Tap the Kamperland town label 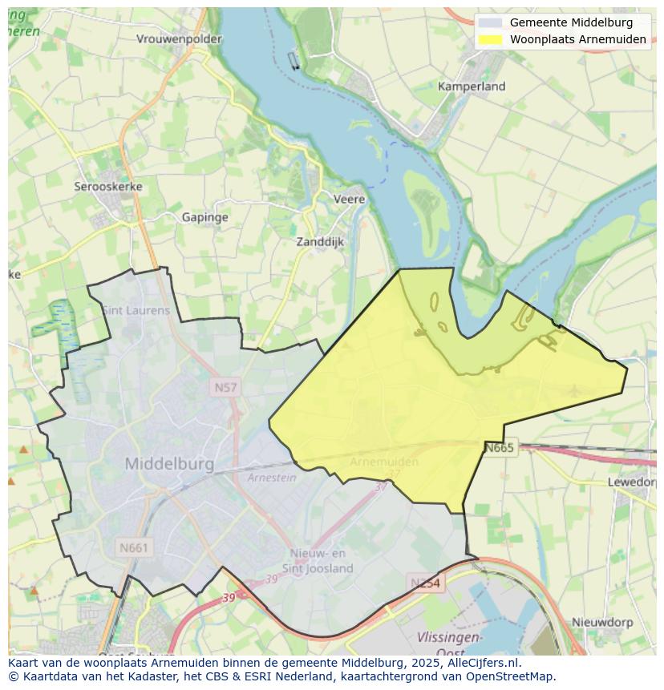[x=472, y=86]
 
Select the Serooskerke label [x=108, y=186]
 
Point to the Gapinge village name [x=204, y=217]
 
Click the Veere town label [x=349, y=199]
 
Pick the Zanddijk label [x=320, y=240]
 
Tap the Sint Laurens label [x=136, y=310]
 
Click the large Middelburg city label [x=169, y=464]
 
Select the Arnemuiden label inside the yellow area [x=384, y=462]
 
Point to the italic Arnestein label [x=272, y=478]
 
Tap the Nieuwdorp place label [x=602, y=622]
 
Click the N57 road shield [x=225, y=388]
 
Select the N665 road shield [x=499, y=447]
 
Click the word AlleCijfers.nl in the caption [x=484, y=663]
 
